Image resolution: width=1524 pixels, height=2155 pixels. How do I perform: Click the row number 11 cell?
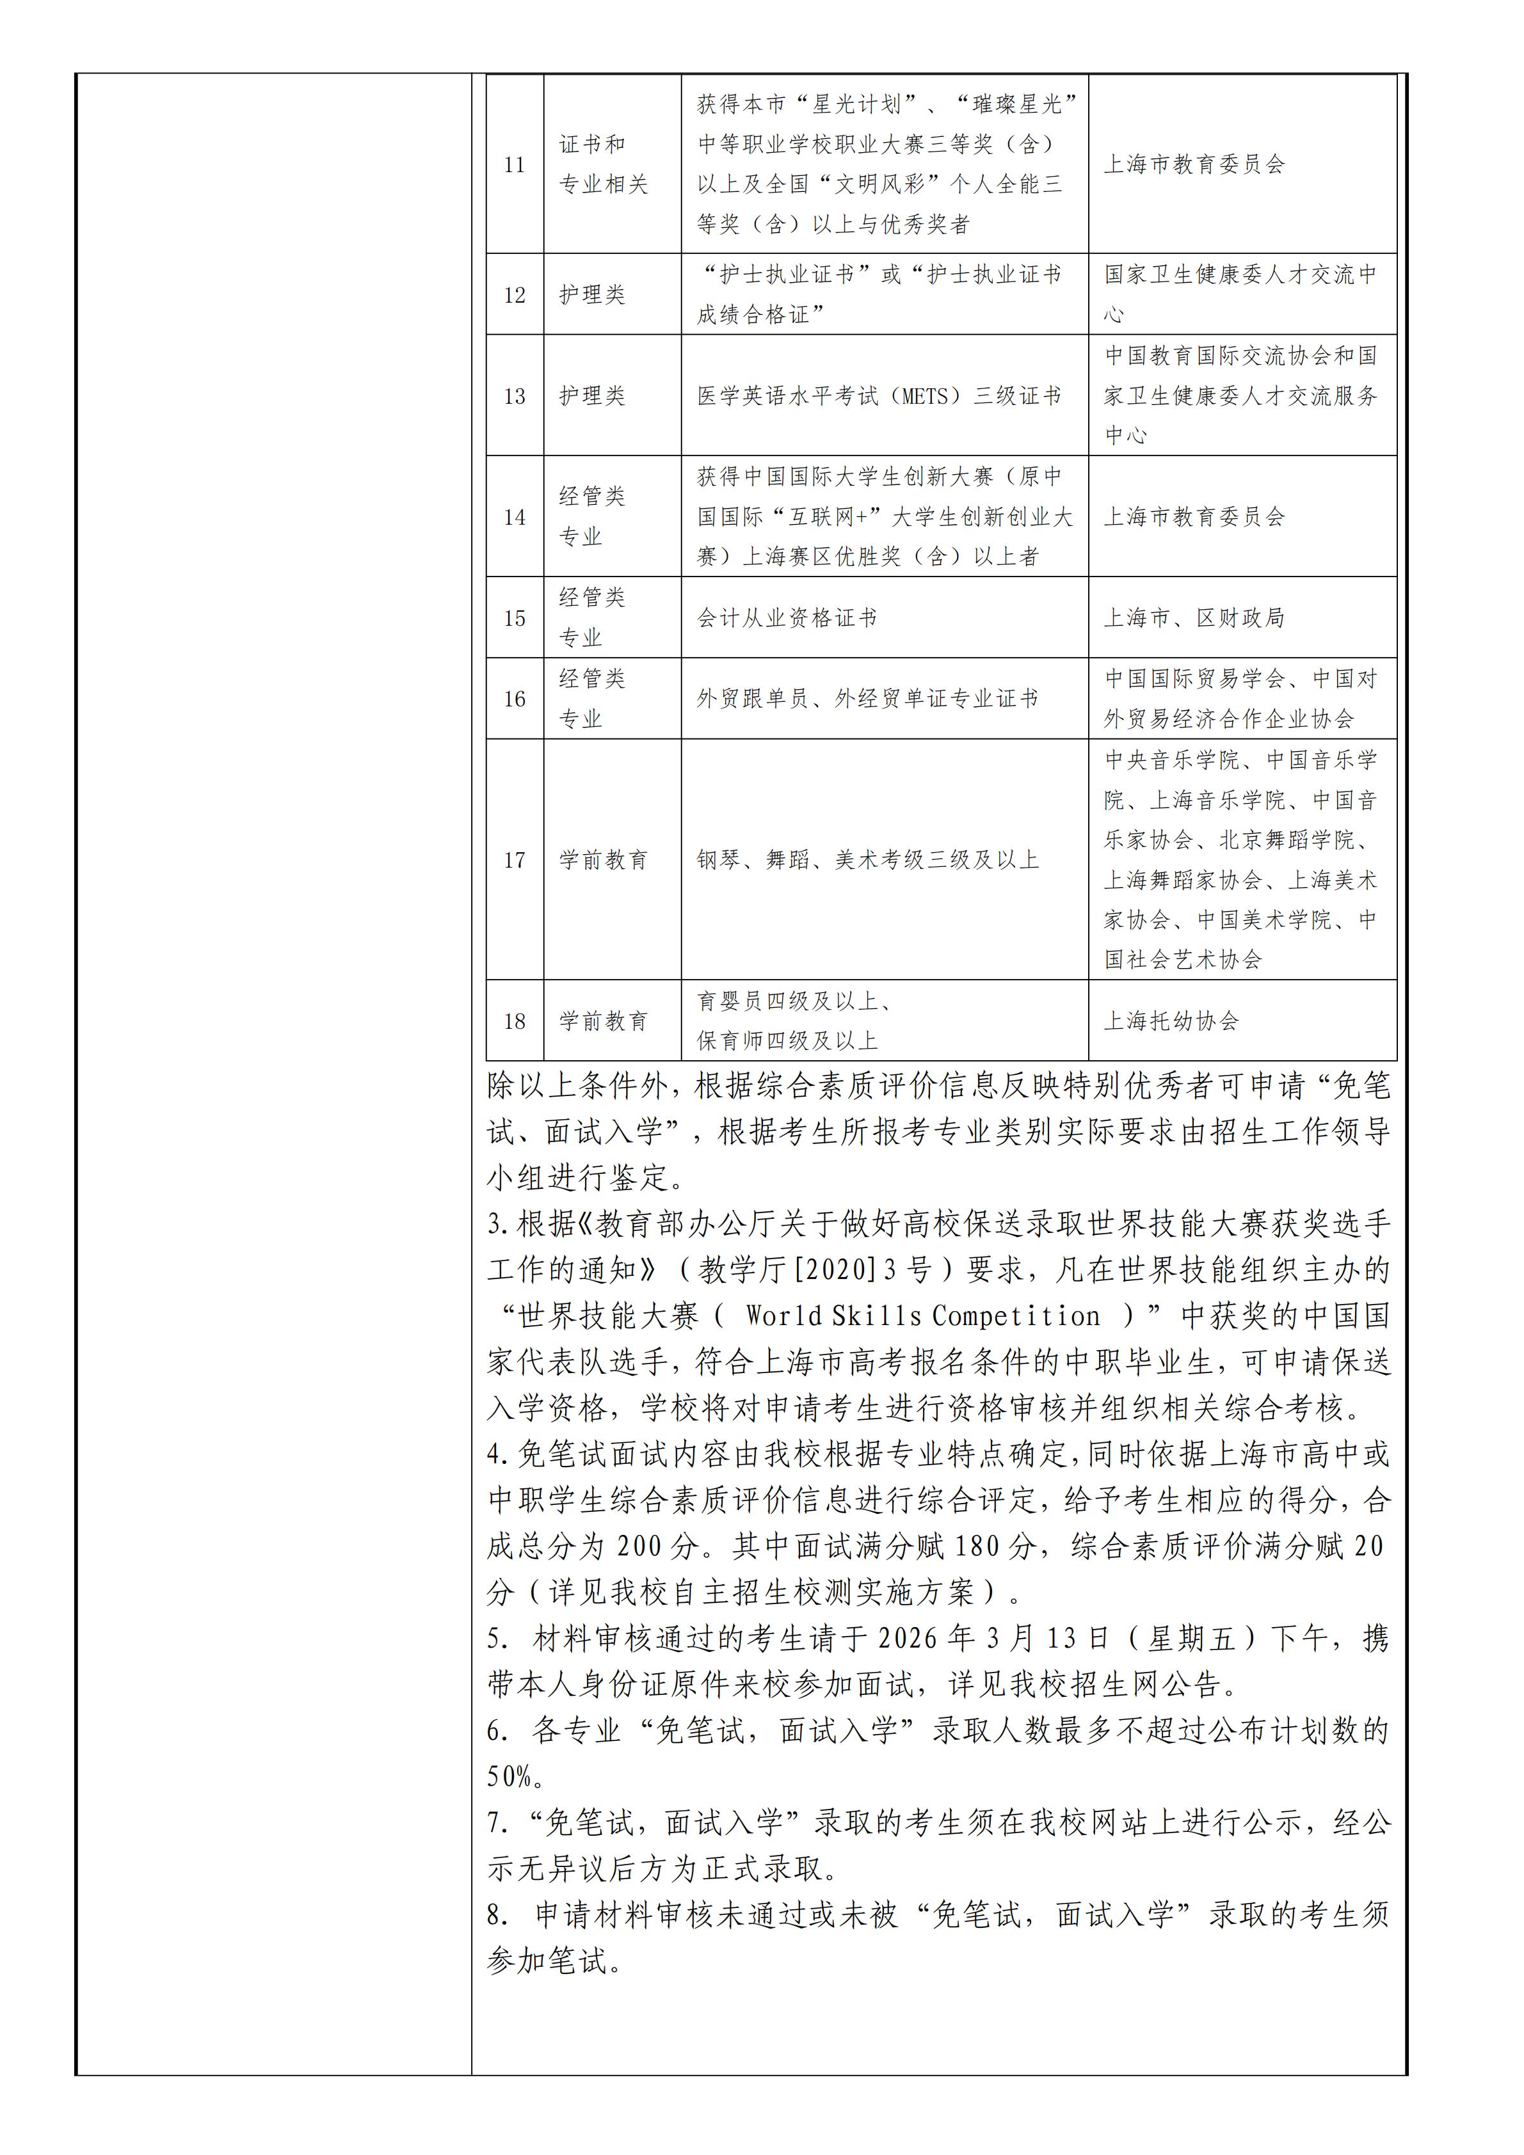click(515, 165)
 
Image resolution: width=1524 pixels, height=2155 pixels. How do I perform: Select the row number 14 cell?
click(515, 517)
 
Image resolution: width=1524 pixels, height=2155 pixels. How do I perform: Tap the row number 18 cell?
click(515, 1021)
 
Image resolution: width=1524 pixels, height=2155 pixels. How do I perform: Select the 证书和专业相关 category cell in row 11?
click(604, 165)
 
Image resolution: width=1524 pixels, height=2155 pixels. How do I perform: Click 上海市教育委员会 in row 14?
click(1194, 517)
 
